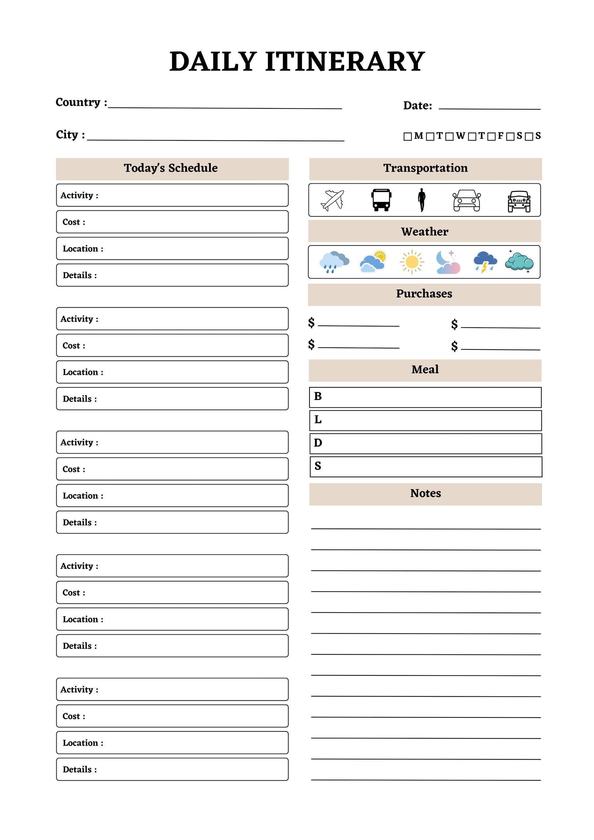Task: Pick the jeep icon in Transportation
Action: tap(519, 201)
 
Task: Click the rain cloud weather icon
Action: tap(334, 262)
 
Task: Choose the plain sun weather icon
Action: tap(412, 262)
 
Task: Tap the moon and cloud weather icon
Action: tap(448, 262)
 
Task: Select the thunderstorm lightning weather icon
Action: tap(485, 262)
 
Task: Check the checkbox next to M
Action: tap(407, 136)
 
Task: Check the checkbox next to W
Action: tap(450, 136)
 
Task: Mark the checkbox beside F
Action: tap(491, 136)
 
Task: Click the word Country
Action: tap(78, 102)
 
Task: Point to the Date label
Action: tap(417, 106)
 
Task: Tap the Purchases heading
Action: tap(424, 294)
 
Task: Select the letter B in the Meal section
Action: tap(318, 396)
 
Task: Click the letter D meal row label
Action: tap(318, 443)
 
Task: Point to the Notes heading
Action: tap(426, 493)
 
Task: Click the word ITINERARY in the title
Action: tap(345, 61)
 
